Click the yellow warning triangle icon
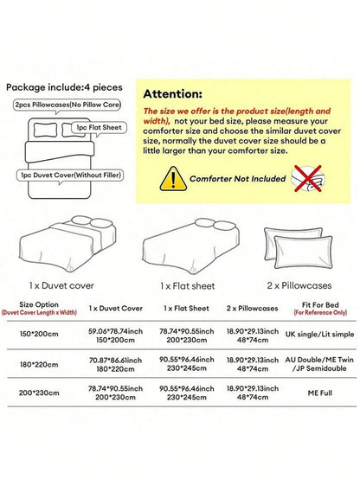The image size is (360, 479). coord(173,179)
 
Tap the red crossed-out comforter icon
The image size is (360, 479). coord(308,178)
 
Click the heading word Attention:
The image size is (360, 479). coord(172,93)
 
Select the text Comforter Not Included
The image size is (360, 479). coord(238,179)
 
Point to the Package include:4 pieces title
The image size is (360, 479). coord(64,87)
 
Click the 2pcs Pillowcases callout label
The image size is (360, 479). coord(67,105)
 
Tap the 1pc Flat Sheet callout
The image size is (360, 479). coord(100,128)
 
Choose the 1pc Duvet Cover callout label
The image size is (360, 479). coord(70,176)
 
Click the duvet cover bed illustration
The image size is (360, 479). coord(67,244)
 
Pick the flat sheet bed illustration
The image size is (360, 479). coord(190,246)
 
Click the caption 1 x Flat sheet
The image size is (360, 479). coord(188,286)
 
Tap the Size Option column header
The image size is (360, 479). coord(39,304)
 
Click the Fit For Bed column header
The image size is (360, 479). coord(320,305)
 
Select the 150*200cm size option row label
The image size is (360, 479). coord(39,334)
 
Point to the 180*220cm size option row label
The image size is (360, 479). coord(39,365)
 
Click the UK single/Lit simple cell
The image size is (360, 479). coord(319,335)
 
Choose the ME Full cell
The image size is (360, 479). coord(320,393)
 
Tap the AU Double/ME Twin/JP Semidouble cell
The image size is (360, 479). coord(319,364)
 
